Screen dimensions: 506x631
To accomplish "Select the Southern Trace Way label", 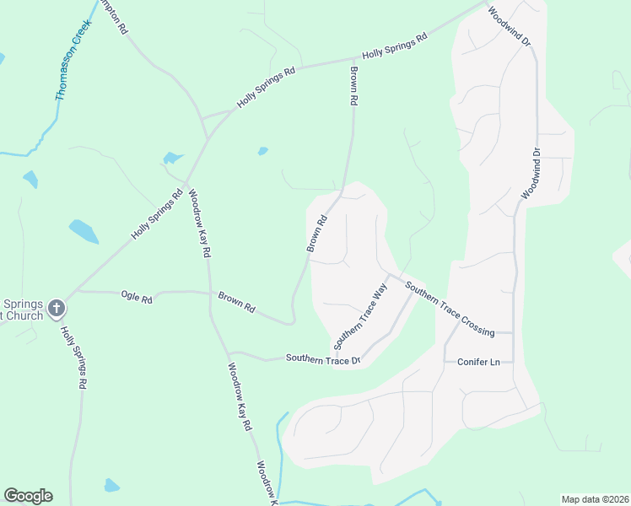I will coord(360,317).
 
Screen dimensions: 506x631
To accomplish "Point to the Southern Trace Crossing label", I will coord(449,309).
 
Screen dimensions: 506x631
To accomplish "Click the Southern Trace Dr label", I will coord(322,358).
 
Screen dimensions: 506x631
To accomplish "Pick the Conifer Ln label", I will coord(478,362).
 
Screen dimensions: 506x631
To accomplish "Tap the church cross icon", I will coord(57,309).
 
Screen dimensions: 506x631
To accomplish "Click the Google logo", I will coord(28,496).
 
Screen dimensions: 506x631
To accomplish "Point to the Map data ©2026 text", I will coord(595,499).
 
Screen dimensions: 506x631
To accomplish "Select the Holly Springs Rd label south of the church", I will coord(74,358).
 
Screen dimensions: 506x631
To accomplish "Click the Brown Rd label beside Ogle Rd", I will coord(236,302).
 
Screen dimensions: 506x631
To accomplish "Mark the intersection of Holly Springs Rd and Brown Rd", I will coord(352,60).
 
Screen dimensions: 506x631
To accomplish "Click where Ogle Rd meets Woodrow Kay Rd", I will coord(208,293).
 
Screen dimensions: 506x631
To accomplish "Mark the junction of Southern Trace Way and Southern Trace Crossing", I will coord(388,273).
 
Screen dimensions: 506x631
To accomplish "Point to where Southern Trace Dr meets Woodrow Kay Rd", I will coord(227,353).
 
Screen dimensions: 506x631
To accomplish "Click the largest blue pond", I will coord(84,230).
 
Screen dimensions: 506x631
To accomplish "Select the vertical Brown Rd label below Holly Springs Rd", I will coord(354,86).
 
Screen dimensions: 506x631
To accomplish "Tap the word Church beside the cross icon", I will coord(21,317).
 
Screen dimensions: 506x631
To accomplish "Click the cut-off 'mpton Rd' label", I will coord(113,15).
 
